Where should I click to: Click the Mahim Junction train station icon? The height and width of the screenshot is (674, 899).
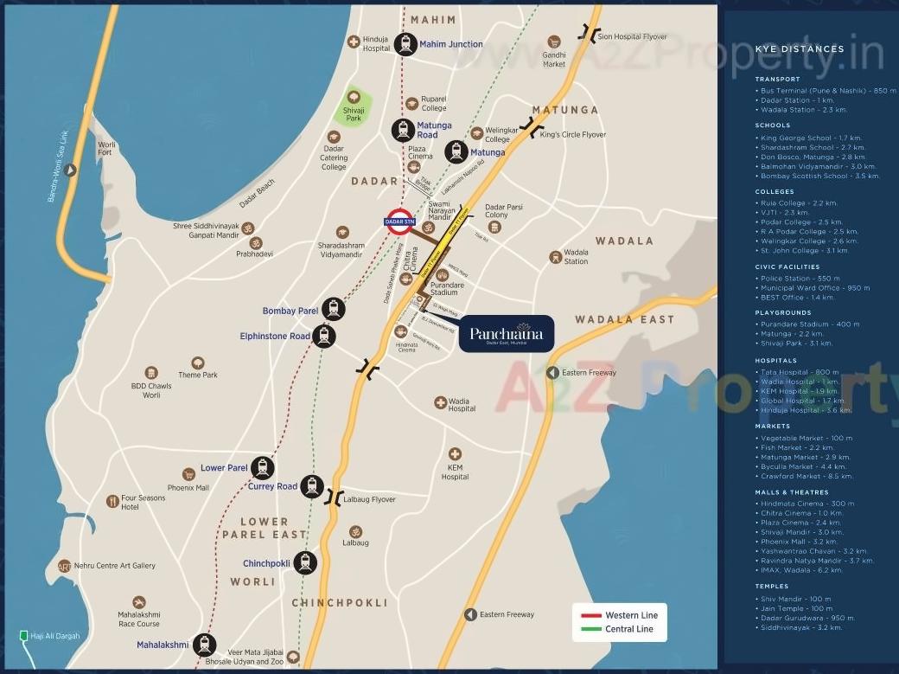[x=405, y=44]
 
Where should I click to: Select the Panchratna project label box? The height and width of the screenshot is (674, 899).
[x=506, y=334]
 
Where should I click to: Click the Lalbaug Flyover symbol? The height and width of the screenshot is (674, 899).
[x=333, y=497]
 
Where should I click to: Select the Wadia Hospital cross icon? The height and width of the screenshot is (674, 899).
[x=440, y=402]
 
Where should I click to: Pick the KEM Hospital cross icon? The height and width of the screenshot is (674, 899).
[x=455, y=454]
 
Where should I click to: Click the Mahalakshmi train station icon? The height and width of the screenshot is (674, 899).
[x=204, y=645]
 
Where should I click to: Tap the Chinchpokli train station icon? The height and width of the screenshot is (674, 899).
[x=304, y=563]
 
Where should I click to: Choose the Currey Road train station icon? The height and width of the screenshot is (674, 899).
[x=312, y=486]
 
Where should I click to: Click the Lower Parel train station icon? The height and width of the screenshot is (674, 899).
[x=262, y=468]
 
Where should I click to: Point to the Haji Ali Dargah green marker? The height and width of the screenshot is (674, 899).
[x=24, y=637]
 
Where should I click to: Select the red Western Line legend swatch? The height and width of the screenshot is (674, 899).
[x=591, y=615]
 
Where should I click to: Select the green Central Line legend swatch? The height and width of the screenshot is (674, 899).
[x=591, y=629]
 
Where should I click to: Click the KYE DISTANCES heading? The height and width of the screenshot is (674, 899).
[x=800, y=49]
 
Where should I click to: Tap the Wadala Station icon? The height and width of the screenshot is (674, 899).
[x=556, y=257]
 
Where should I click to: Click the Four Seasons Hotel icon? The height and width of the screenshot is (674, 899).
[x=112, y=501]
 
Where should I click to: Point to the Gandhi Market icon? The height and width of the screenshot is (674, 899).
[x=555, y=41]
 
